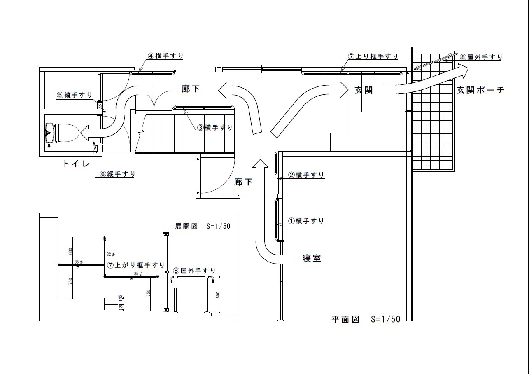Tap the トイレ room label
76,164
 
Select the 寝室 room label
312,259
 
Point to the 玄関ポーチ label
480,91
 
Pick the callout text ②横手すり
306,175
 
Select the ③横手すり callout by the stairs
214,127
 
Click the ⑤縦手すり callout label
74,95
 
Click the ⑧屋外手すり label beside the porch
481,57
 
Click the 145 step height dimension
120,298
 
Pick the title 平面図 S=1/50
366,319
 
